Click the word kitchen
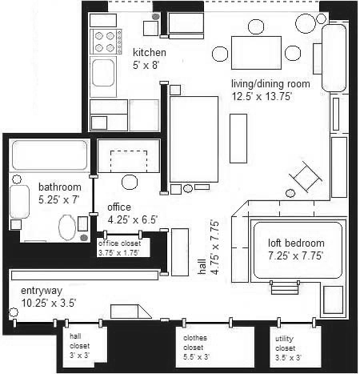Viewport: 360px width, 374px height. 150,52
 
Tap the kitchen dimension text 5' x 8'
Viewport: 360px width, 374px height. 146,65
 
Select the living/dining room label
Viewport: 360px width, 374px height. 270,84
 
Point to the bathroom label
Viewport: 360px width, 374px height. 60,187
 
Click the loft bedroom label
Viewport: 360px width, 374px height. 296,243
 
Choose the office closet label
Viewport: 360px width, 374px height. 119,243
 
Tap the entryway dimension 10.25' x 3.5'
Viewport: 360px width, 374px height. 49,303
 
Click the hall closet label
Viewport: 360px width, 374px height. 79,341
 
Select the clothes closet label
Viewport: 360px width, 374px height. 195,343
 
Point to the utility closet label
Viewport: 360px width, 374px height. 285,344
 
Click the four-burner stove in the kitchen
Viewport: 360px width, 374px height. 106,42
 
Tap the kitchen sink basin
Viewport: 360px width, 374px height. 103,73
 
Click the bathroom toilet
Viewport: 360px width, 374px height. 67,227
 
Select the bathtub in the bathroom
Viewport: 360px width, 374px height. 50,155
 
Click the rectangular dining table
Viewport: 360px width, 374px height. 256,53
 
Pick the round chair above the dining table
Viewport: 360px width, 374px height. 256,26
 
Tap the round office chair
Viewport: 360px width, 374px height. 130,183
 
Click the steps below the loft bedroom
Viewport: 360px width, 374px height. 285,288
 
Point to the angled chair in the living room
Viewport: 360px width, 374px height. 306,176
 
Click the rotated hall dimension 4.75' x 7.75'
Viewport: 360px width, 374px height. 215,247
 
